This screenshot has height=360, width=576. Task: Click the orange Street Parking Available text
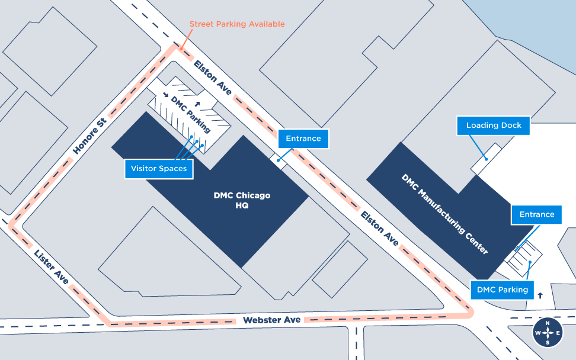coord(237,24)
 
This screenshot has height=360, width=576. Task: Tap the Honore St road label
coord(89,135)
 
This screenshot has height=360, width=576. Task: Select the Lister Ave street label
coord(52,266)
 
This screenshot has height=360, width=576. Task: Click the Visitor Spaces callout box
coord(159,169)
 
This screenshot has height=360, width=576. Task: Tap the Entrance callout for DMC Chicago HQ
coord(303,139)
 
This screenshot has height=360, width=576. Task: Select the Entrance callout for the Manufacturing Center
coord(537,214)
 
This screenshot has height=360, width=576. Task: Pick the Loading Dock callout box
coord(493,126)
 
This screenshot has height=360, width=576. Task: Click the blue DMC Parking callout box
coord(502,290)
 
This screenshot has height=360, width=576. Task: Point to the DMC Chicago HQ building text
coord(241,201)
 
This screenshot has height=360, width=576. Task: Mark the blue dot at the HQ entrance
coord(278,160)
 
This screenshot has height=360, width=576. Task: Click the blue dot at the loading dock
coord(485,158)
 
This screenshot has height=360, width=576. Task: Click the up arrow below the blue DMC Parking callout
coord(540,294)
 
